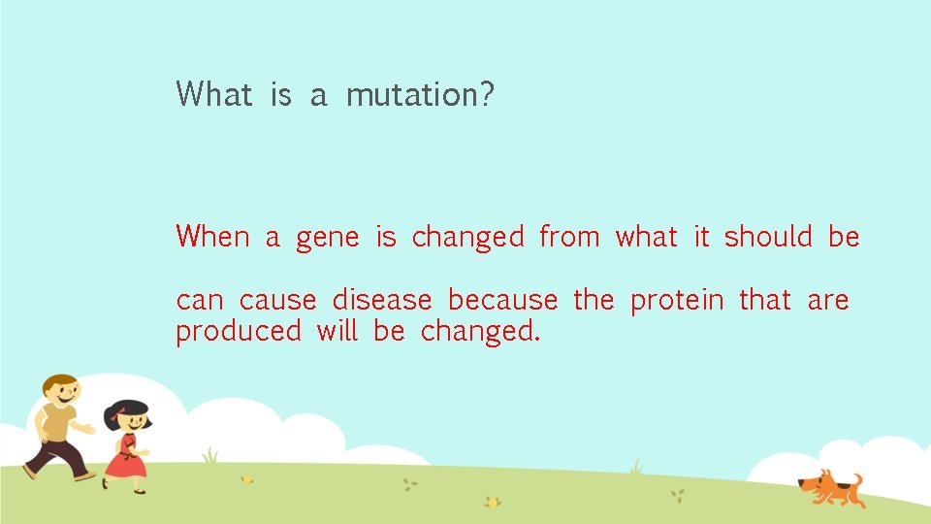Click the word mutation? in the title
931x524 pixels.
point(420,95)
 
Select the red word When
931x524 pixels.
point(212,237)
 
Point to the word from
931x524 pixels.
point(569,237)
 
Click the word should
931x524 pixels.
point(768,237)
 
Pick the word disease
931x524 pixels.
point(381,301)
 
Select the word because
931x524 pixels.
point(502,301)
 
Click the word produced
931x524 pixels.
point(238,333)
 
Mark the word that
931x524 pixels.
point(764,301)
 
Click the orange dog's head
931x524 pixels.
point(813,482)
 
